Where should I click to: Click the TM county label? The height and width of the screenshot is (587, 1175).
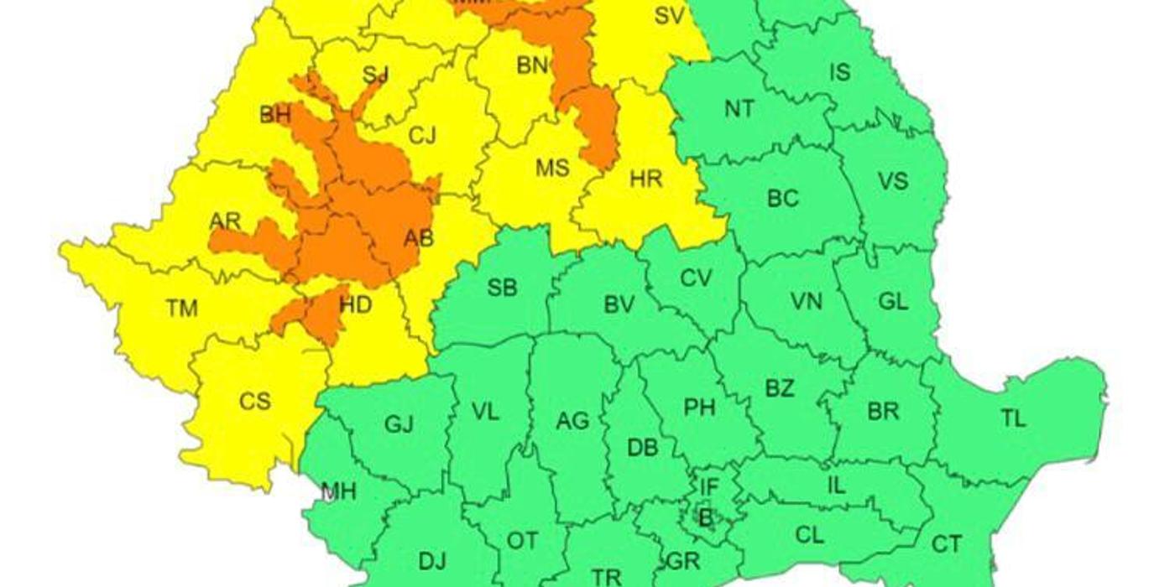coord(181,309)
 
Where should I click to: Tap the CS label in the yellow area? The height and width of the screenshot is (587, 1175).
coord(254,402)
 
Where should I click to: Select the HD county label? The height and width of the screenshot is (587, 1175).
coord(355,305)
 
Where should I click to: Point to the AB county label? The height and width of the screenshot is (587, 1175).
coord(419,239)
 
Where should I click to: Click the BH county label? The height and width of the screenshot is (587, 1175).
coord(274,116)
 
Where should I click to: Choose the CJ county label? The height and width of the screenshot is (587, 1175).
coord(422,135)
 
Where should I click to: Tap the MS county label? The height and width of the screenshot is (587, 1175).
coord(552,168)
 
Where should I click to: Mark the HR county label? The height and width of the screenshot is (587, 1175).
coord(645,179)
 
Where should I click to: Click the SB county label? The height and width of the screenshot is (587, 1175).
coord(502,288)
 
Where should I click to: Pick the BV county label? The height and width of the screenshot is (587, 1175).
coord(619,304)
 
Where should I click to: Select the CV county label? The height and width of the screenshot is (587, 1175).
coord(696,278)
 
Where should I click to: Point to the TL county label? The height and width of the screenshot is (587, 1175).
coord(1014,418)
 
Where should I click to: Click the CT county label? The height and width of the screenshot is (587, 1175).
coord(947,545)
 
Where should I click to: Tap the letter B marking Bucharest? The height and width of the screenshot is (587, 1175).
coord(705,519)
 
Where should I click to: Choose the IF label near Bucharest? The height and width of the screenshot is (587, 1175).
coord(709,485)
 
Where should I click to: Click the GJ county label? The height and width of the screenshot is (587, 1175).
coord(399,424)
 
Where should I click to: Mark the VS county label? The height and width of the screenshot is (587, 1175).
coord(892,181)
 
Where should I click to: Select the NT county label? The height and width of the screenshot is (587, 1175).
coord(739,108)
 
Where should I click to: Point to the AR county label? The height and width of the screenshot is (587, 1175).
coord(225,221)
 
